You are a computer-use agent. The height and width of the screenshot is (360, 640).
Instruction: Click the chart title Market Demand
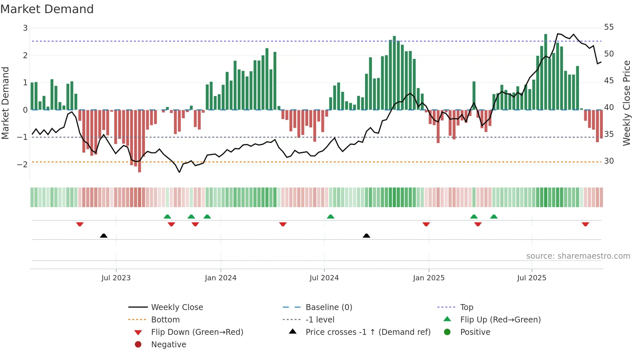(x=47, y=9)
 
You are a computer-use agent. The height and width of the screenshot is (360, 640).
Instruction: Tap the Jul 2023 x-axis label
(x=116, y=278)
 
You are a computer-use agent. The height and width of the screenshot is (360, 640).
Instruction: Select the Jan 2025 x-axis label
(x=428, y=278)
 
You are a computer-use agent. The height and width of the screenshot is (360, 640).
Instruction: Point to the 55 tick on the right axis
(x=609, y=27)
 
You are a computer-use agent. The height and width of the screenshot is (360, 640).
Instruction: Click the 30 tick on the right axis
(x=609, y=161)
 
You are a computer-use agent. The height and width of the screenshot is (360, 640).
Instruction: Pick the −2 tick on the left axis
(x=22, y=164)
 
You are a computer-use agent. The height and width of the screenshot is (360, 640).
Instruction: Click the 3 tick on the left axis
(x=25, y=28)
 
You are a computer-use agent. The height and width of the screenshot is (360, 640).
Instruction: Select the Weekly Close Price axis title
(x=626, y=103)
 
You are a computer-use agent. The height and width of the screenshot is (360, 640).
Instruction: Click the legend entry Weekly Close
(x=177, y=307)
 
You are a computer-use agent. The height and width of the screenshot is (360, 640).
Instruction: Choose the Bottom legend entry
(x=165, y=320)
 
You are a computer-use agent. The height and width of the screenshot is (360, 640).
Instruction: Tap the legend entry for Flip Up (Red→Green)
(x=500, y=320)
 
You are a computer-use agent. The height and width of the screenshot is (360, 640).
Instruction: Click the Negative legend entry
(x=168, y=345)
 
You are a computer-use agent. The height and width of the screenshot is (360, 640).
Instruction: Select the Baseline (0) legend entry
(x=328, y=307)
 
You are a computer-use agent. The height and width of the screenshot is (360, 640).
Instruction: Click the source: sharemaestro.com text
(x=578, y=256)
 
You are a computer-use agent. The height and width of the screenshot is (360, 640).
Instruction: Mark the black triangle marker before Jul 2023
(x=104, y=236)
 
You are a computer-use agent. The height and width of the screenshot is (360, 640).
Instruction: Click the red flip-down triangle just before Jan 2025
(x=426, y=224)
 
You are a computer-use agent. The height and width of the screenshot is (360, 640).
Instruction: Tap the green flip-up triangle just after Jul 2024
(x=330, y=217)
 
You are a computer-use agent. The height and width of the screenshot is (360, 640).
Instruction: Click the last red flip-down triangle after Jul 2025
(x=585, y=224)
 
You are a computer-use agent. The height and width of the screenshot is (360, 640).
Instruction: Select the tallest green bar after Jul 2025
(x=546, y=72)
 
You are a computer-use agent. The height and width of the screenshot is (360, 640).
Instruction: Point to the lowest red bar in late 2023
(x=139, y=140)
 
